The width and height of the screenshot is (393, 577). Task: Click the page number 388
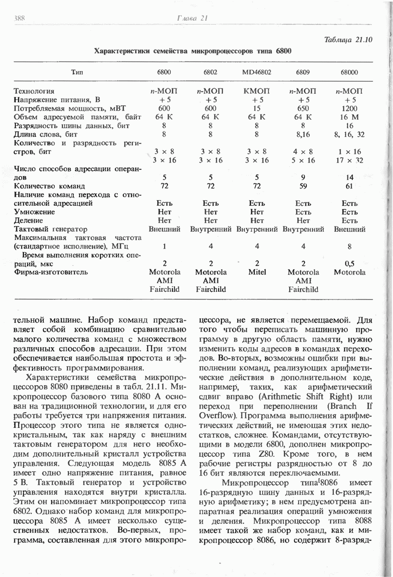click(x=20, y=18)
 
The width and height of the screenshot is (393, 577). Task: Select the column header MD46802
click(x=257, y=72)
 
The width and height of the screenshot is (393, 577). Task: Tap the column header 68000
click(x=350, y=72)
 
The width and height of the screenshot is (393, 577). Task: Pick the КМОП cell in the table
click(x=257, y=91)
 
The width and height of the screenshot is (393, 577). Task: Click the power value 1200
click(x=350, y=108)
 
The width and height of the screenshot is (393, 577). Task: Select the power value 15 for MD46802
click(x=257, y=108)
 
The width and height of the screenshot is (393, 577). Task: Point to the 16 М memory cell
click(x=350, y=117)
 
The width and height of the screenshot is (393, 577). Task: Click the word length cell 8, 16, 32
click(x=350, y=134)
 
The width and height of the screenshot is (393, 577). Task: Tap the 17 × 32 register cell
click(x=350, y=160)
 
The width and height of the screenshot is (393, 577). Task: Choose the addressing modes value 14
click(x=350, y=177)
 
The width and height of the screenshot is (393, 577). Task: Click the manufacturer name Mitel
click(x=257, y=272)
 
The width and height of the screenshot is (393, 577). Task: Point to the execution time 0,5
click(x=350, y=263)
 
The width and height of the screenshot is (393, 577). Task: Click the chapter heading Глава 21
click(x=191, y=18)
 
